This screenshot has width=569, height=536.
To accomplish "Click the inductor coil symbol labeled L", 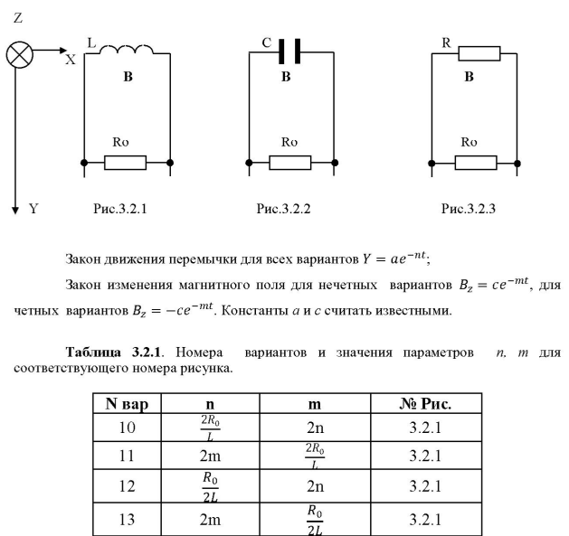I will [127, 50].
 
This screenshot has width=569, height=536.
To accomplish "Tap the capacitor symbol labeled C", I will [287, 51].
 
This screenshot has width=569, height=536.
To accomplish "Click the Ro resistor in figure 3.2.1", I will [126, 163].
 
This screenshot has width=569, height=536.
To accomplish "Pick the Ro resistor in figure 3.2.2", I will [289, 163].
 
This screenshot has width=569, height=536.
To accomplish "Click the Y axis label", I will [33, 209].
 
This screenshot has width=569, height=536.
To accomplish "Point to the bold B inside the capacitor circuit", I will [286, 78].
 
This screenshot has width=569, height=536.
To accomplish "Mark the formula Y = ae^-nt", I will [401, 259].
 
